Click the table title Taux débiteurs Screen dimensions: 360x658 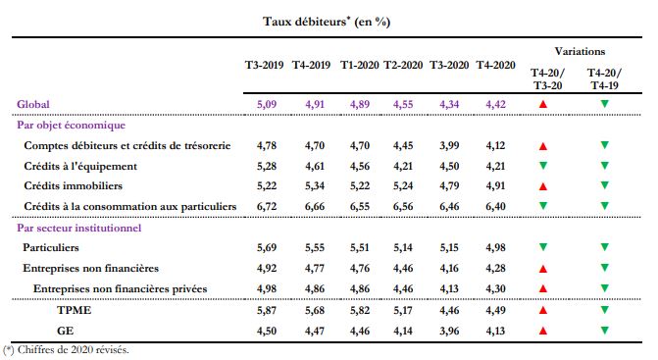[x=328, y=21]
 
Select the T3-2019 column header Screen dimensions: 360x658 [x=264, y=66]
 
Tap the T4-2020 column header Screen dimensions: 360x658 [x=495, y=66]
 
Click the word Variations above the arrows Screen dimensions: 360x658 [x=580, y=51]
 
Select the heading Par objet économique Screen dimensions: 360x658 [x=76, y=125]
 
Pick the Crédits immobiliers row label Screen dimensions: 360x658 [x=77, y=185]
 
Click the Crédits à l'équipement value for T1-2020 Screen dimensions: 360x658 [x=360, y=166]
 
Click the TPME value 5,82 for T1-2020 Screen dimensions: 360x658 [x=360, y=311]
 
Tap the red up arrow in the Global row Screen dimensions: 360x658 [x=545, y=103]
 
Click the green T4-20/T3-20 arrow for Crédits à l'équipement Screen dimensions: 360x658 [x=545, y=166]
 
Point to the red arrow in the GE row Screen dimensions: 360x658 [x=545, y=331]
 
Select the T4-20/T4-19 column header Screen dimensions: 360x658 [x=603, y=78]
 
